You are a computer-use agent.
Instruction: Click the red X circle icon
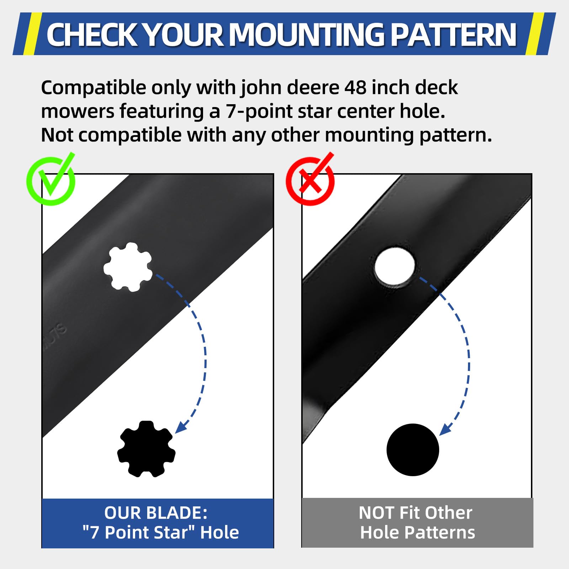click(310, 180)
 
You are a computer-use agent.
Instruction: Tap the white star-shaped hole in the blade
click(128, 267)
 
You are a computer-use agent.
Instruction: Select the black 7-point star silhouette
click(146, 449)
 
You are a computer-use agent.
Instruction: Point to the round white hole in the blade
click(395, 266)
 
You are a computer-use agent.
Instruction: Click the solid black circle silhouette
click(413, 450)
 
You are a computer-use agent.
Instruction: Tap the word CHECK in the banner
click(92, 35)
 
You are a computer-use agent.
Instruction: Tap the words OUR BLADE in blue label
click(156, 513)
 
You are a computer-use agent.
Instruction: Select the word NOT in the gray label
click(376, 513)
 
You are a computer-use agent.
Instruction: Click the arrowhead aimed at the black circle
click(445, 429)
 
